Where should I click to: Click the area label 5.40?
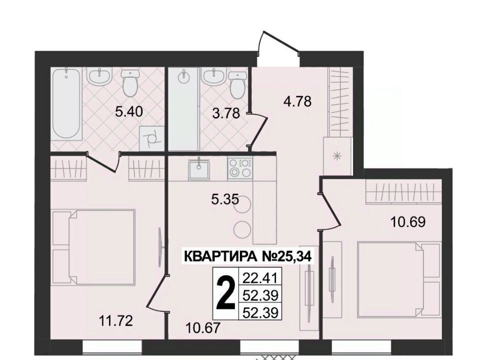pos(129,111)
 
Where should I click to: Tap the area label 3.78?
pos(226,113)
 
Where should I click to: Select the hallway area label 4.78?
pos(297,101)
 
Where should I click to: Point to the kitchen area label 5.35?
pos(225,199)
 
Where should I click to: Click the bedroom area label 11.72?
pos(116,320)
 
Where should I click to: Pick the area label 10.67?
pos(203,327)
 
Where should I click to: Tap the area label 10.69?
pos(408,222)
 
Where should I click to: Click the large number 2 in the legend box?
pos(225,293)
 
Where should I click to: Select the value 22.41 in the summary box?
pos(260,277)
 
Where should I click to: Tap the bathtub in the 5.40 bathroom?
pos(66,104)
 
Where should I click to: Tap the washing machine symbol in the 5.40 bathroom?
pos(151,138)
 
